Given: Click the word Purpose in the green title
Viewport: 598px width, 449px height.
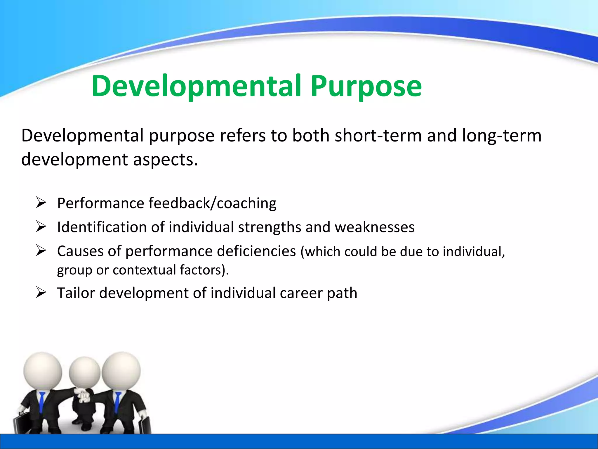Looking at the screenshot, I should pyautogui.click(x=366, y=87).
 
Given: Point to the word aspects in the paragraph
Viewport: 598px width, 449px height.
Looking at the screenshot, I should pyautogui.click(x=165, y=160).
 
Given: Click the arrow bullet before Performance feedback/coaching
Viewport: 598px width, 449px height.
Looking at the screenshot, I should pyautogui.click(x=41, y=203).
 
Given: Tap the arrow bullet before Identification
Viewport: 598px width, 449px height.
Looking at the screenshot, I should pyautogui.click(x=41, y=227).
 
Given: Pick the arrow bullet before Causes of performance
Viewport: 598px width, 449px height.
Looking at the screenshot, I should pyautogui.click(x=41, y=251).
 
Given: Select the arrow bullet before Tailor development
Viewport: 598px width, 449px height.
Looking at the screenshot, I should pyautogui.click(x=41, y=292).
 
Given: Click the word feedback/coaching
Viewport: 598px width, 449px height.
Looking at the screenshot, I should pyautogui.click(x=212, y=203).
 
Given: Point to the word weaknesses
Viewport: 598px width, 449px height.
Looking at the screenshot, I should pyautogui.click(x=374, y=227).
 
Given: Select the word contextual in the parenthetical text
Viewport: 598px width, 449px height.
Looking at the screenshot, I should pyautogui.click(x=144, y=270).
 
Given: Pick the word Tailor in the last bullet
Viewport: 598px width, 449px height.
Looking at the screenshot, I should pyautogui.click(x=76, y=293).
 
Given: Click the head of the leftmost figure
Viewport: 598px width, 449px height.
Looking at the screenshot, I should pyautogui.click(x=43, y=371).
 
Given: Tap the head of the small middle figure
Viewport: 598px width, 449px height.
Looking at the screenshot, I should pyautogui.click(x=84, y=373).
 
